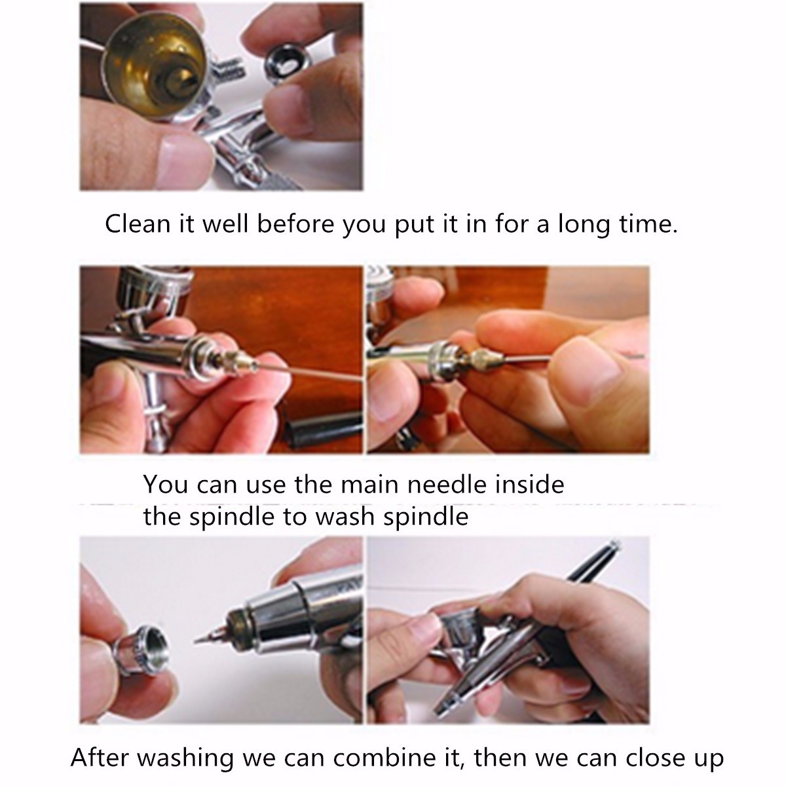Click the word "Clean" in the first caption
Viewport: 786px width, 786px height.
137,224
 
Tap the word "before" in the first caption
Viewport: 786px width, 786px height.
295,224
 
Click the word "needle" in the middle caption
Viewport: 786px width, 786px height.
447,484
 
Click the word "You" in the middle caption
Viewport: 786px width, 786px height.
166,484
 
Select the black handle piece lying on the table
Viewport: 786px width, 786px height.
322,428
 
